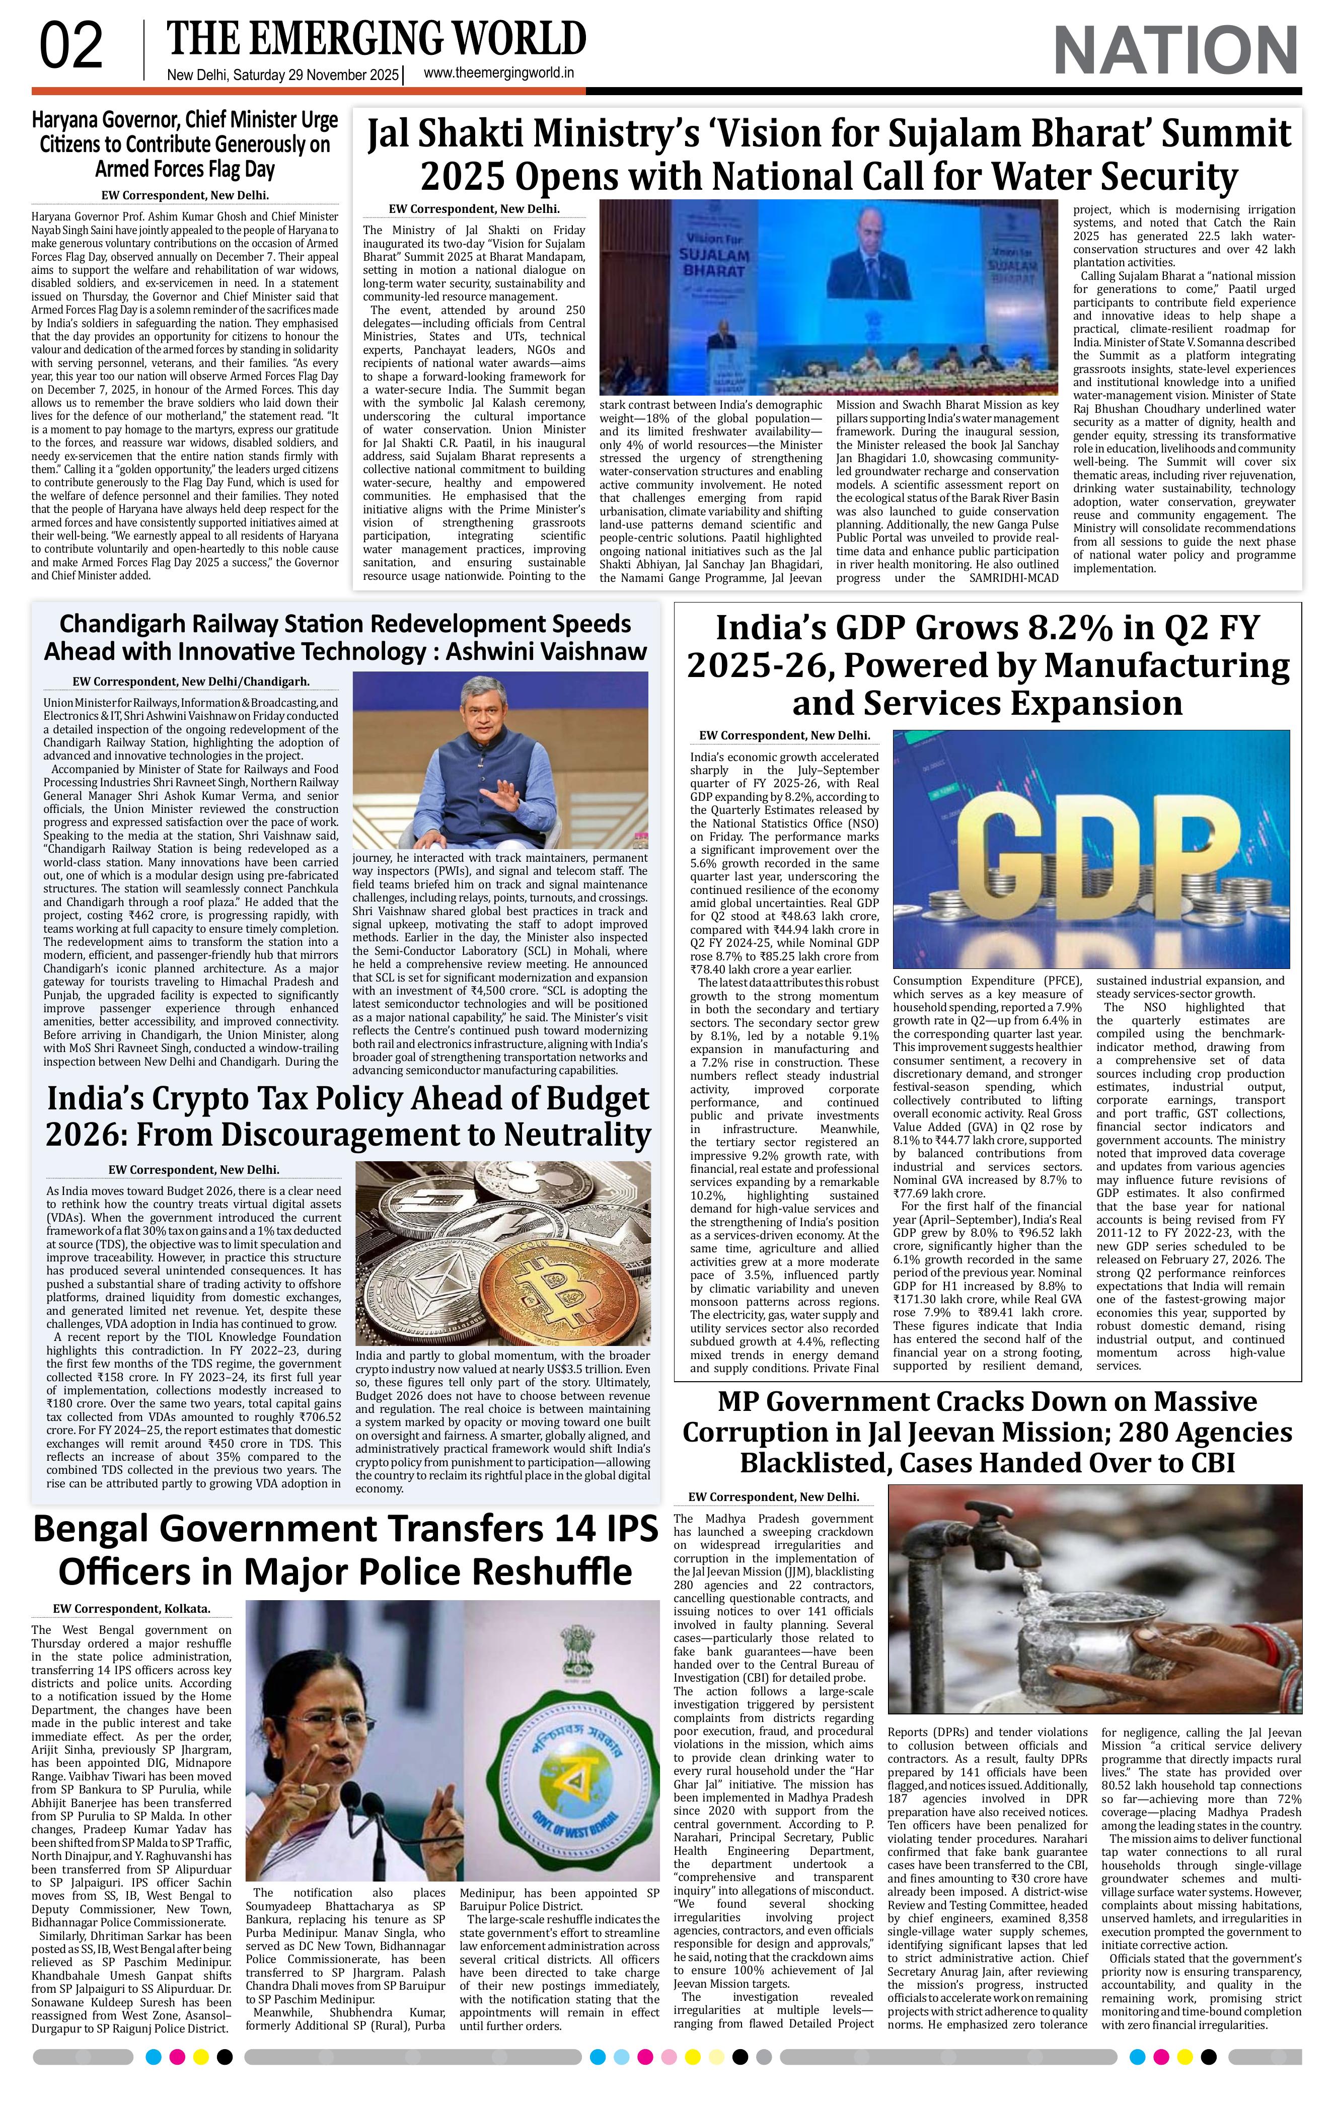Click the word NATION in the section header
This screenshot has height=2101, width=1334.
[1176, 51]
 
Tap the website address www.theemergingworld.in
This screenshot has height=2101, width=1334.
[498, 73]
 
